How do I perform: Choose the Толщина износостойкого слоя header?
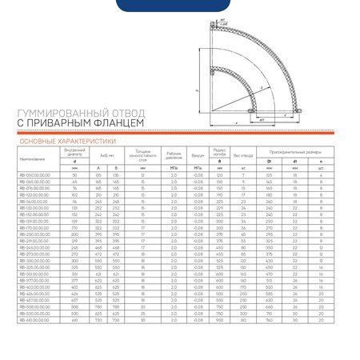point(142,154)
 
